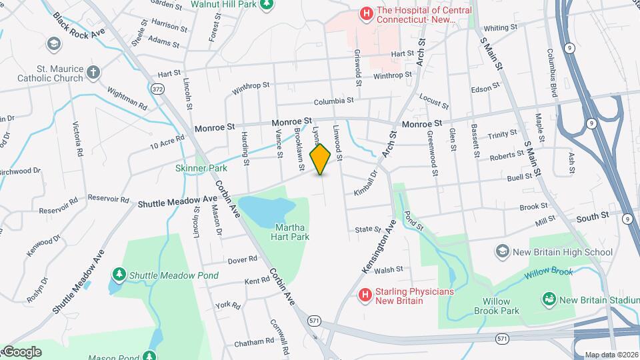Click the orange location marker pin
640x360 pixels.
(x=321, y=159)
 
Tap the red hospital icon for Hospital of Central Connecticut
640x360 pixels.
(x=365, y=13)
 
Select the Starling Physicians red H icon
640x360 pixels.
(x=365, y=294)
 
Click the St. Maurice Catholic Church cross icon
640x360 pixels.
(x=94, y=71)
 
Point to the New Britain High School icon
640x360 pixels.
(x=502, y=251)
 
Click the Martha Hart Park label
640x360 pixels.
(x=293, y=231)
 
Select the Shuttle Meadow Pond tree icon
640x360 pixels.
(x=119, y=274)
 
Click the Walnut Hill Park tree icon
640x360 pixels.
(x=267, y=4)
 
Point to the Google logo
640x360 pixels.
(x=21, y=351)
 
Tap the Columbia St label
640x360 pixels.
(x=333, y=101)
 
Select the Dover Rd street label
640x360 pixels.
(x=242, y=259)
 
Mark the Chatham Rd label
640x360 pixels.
(x=254, y=342)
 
